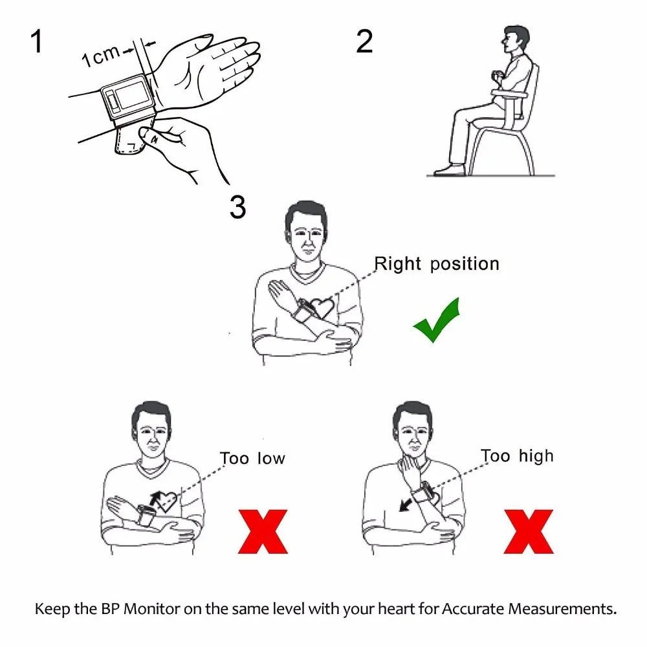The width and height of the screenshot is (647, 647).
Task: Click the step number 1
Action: point(37,41)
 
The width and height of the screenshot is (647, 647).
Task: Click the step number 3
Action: point(237,207)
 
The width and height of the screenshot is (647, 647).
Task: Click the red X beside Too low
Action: point(263,531)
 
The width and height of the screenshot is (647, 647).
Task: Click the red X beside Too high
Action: point(529,531)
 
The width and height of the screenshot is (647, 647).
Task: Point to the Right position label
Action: point(437,264)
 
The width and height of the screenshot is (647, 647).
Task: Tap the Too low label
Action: point(252,458)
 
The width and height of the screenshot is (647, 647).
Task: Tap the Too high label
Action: point(518,456)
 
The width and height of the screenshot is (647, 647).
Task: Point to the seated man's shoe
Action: point(449,170)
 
